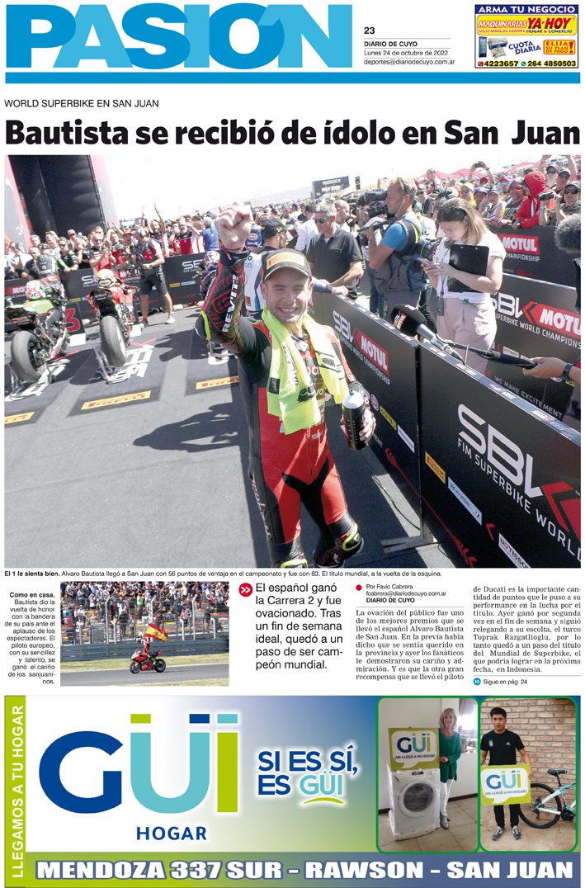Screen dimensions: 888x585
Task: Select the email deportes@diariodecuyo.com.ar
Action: pyautogui.click(x=409, y=62)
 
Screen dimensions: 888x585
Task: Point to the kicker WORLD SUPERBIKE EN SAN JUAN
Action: pyautogui.click(x=82, y=103)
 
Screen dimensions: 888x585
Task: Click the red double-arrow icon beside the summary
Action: pyautogui.click(x=245, y=590)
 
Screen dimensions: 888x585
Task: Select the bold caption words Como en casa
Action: pyautogui.click(x=32, y=595)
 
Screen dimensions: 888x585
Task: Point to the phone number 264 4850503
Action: pyautogui.click(x=551, y=64)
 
